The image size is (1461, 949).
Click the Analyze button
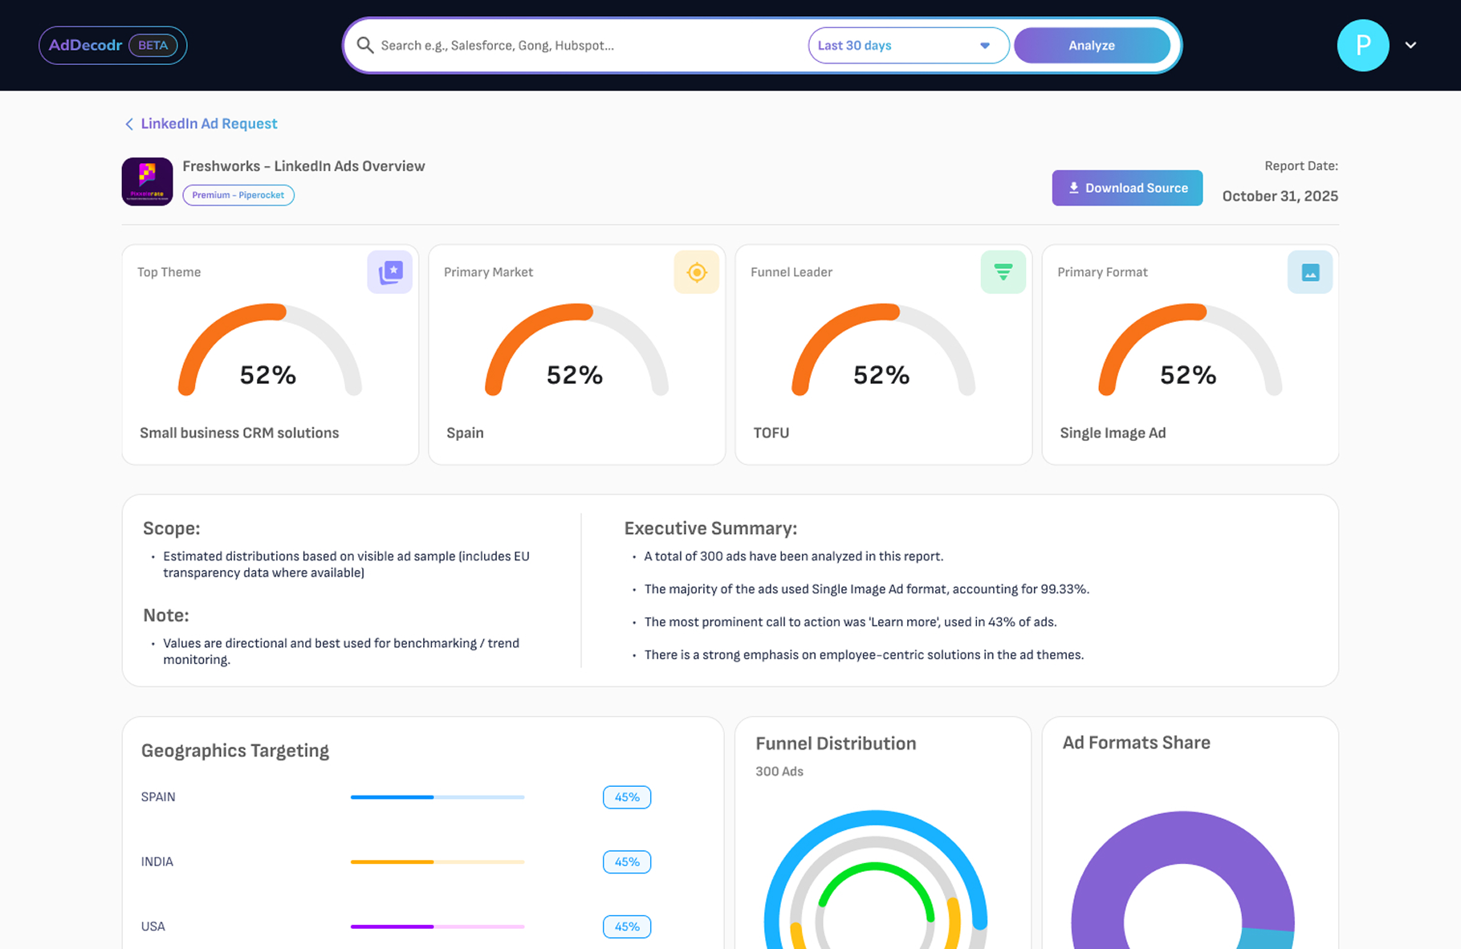click(x=1091, y=46)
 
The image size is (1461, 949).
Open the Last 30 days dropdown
click(x=907, y=46)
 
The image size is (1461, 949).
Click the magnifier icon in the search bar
click(x=365, y=46)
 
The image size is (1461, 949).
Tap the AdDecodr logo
click(x=85, y=45)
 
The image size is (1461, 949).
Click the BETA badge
click(x=153, y=45)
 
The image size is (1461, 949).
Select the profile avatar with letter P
click(x=1362, y=46)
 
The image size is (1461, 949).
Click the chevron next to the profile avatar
click(x=1410, y=46)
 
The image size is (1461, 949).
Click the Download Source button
click(x=1126, y=188)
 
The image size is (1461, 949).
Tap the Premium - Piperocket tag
click(x=238, y=195)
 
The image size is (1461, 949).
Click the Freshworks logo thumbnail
click(x=147, y=181)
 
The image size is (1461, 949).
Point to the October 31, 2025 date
click(x=1280, y=196)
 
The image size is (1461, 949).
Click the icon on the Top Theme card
click(x=390, y=272)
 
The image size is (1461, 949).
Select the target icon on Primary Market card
click(x=696, y=272)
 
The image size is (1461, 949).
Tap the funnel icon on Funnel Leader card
click(x=1003, y=272)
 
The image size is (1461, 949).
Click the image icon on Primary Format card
click(x=1309, y=272)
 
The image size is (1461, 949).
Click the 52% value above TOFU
click(x=881, y=375)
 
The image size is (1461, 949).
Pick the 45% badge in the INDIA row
click(x=626, y=861)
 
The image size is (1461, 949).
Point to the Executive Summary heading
click(x=710, y=528)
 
